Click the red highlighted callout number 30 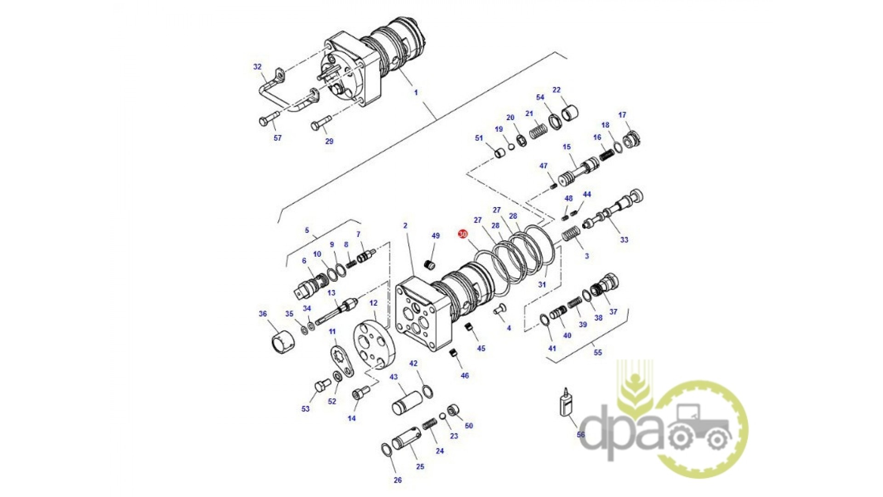tap(463, 234)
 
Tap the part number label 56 tap(581, 434)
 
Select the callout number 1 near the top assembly tap(416, 92)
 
